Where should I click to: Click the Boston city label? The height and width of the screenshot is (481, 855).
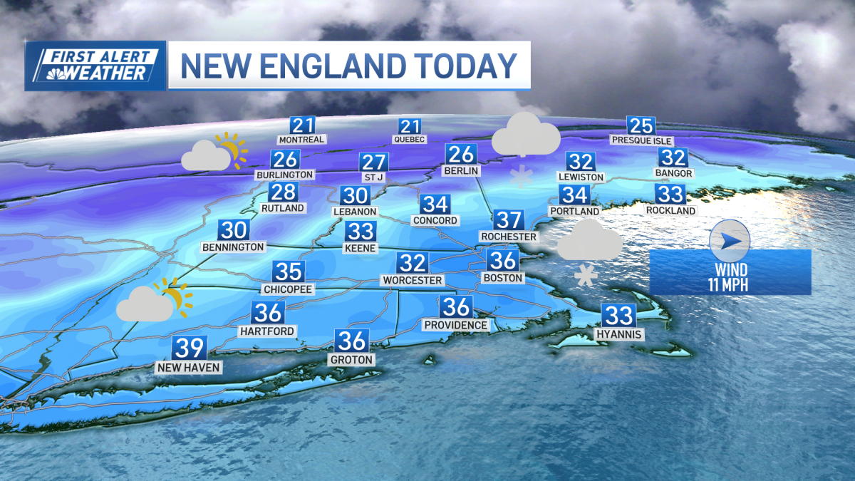503,278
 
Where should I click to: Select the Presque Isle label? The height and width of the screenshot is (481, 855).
641,140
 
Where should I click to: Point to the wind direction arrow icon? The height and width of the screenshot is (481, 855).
730,242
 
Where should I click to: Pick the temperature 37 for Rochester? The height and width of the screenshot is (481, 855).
509,220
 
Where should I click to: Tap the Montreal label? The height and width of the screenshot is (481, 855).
301,140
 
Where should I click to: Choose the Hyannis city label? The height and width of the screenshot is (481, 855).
620,334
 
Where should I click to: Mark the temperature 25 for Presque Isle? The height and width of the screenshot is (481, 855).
641,125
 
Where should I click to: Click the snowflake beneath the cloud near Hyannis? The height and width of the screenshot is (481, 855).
586,275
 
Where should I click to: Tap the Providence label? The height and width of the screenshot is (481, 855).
456,325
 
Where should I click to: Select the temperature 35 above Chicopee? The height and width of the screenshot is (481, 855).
289,271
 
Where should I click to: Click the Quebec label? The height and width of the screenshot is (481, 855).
410,140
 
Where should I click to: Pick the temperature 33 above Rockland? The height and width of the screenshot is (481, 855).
670,194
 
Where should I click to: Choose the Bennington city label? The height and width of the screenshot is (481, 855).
233,247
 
